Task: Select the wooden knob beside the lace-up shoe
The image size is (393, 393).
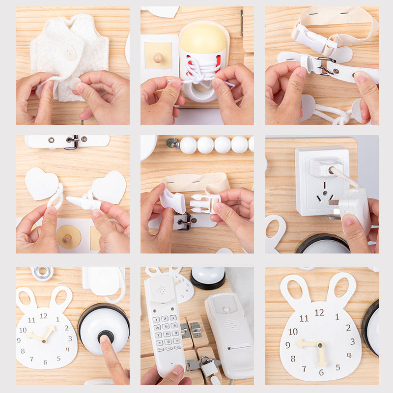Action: [158, 57]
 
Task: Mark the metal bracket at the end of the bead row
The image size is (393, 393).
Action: [172, 143]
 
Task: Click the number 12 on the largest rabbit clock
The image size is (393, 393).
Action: [319, 312]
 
